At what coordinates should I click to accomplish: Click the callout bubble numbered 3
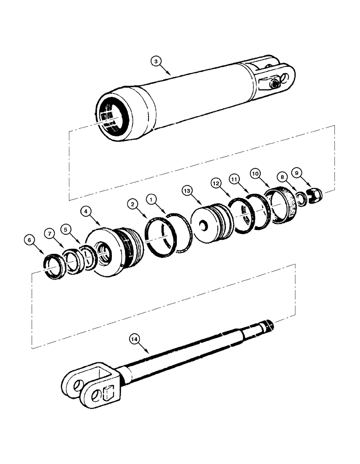tap(156, 61)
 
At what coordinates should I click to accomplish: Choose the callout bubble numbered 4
tap(85, 211)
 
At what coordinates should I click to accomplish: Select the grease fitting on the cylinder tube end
tap(276, 83)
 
